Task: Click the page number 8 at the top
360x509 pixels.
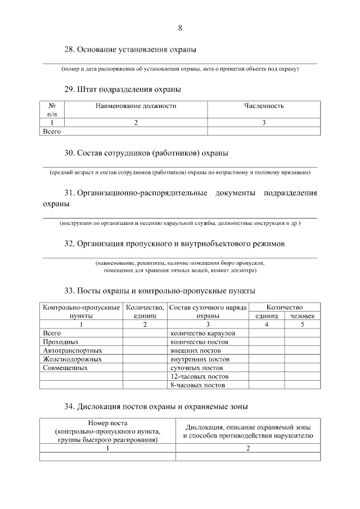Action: [x=180, y=28]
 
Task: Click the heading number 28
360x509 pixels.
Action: [x=69, y=49]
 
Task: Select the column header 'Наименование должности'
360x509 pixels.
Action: [x=136, y=106]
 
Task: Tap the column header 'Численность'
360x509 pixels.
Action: [x=264, y=106]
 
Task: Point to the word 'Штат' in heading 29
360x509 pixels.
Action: [x=88, y=89]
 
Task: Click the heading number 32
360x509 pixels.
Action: [x=69, y=244]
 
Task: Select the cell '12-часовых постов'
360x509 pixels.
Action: [x=199, y=376]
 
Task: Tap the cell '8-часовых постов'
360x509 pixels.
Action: [x=197, y=385]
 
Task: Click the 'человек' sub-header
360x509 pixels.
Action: [x=302, y=316]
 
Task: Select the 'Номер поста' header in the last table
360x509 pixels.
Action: [x=107, y=423]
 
